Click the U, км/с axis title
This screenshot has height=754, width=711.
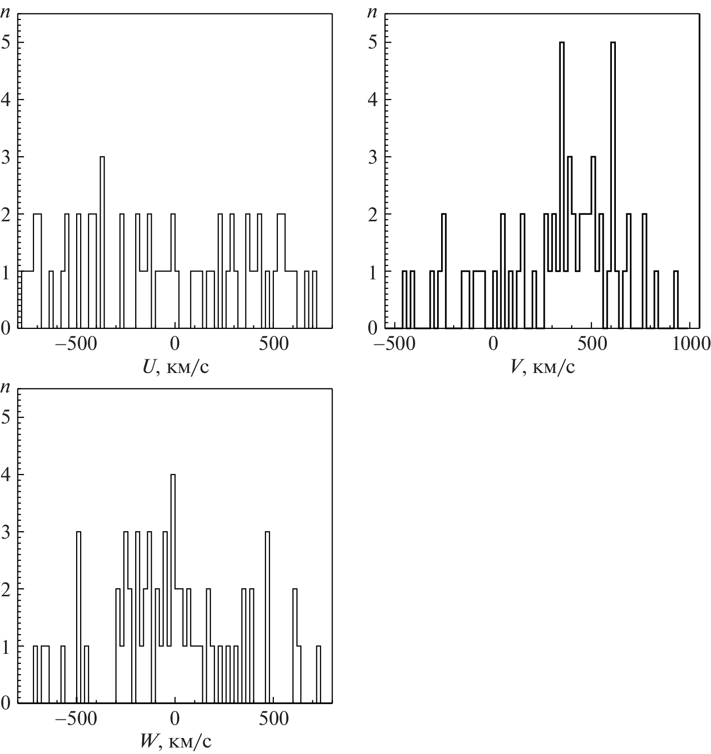click(x=176, y=368)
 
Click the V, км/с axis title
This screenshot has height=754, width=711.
click(x=542, y=368)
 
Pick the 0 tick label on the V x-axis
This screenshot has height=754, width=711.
click(x=493, y=344)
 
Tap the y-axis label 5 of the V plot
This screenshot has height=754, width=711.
click(x=372, y=42)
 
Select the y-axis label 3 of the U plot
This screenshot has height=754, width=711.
click(x=6, y=157)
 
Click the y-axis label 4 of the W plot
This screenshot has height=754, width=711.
click(x=6, y=475)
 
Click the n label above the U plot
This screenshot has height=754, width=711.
click(x=6, y=13)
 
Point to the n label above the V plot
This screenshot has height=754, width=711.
click(x=372, y=13)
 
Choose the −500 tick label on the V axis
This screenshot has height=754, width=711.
click(x=390, y=344)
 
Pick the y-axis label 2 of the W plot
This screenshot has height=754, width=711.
click(x=6, y=589)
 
